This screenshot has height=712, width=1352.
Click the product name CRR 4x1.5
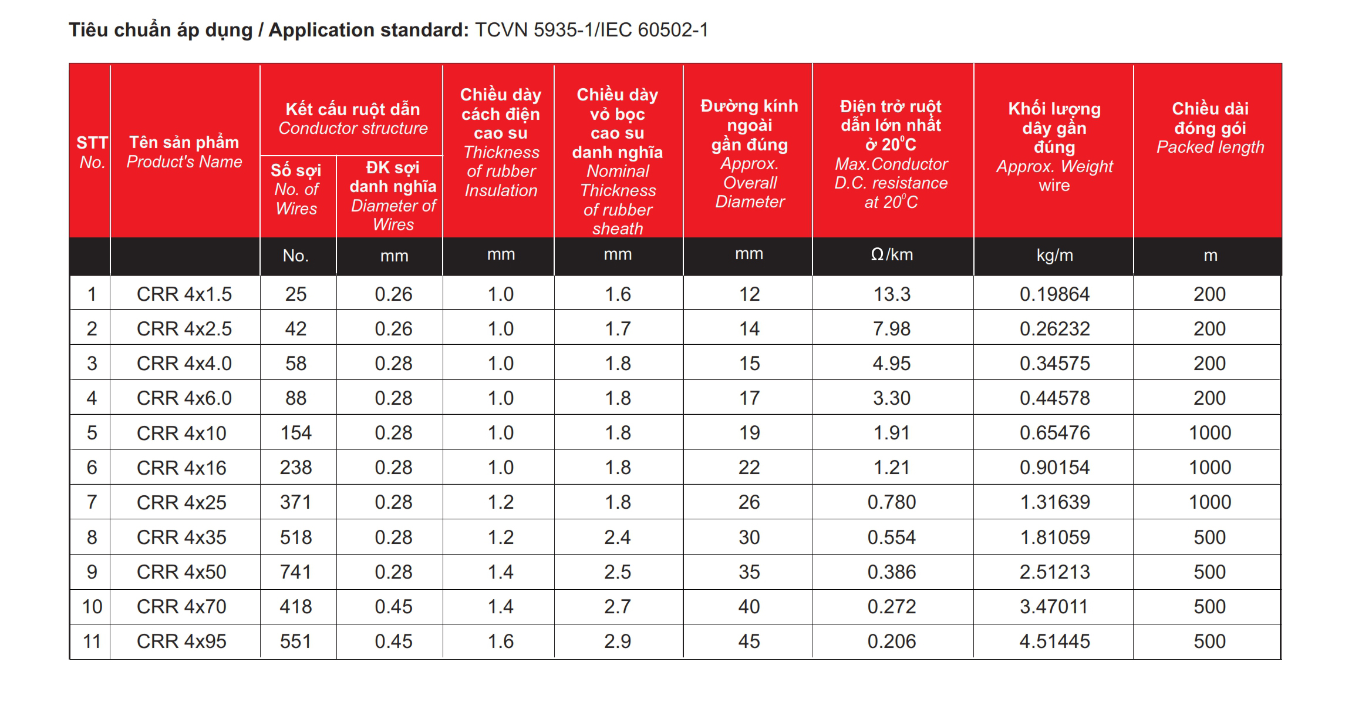click(184, 294)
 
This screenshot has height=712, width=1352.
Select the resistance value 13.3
click(892, 294)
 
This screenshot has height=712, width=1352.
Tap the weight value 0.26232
click(1054, 328)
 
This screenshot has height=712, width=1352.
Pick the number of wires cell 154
click(296, 433)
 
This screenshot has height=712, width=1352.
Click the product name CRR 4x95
click(181, 641)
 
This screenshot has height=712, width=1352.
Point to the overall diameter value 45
click(749, 641)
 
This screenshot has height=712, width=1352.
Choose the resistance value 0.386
click(892, 572)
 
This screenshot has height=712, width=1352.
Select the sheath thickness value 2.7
click(618, 606)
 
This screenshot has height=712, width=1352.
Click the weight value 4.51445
click(1054, 641)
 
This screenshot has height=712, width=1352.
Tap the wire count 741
click(296, 572)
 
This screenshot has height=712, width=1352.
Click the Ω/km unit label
click(892, 255)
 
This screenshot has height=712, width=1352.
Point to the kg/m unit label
click(1054, 256)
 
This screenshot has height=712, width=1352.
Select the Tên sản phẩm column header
click(184, 143)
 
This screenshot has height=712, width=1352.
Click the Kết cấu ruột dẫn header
click(353, 110)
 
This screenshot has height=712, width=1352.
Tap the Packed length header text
click(1210, 147)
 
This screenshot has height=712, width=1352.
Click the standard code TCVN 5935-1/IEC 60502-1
click(591, 30)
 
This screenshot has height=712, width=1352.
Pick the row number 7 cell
click(92, 502)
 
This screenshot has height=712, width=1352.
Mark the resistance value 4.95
click(892, 363)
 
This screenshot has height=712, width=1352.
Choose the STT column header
click(92, 143)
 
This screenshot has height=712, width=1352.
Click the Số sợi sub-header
click(296, 170)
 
